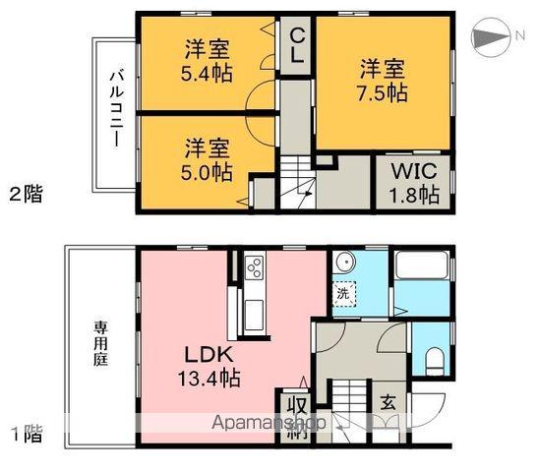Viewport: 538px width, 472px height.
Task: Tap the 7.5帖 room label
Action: pos(382,81)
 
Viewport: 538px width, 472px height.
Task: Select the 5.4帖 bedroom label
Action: pos(208,60)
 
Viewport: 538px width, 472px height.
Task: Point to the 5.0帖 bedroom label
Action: pos(208,159)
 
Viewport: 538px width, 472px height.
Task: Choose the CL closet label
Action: pos(295,44)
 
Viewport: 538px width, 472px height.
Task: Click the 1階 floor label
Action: pos(27,431)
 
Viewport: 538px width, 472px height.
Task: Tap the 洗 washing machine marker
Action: pos(343,292)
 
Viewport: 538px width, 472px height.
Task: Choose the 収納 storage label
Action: pos(295,414)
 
